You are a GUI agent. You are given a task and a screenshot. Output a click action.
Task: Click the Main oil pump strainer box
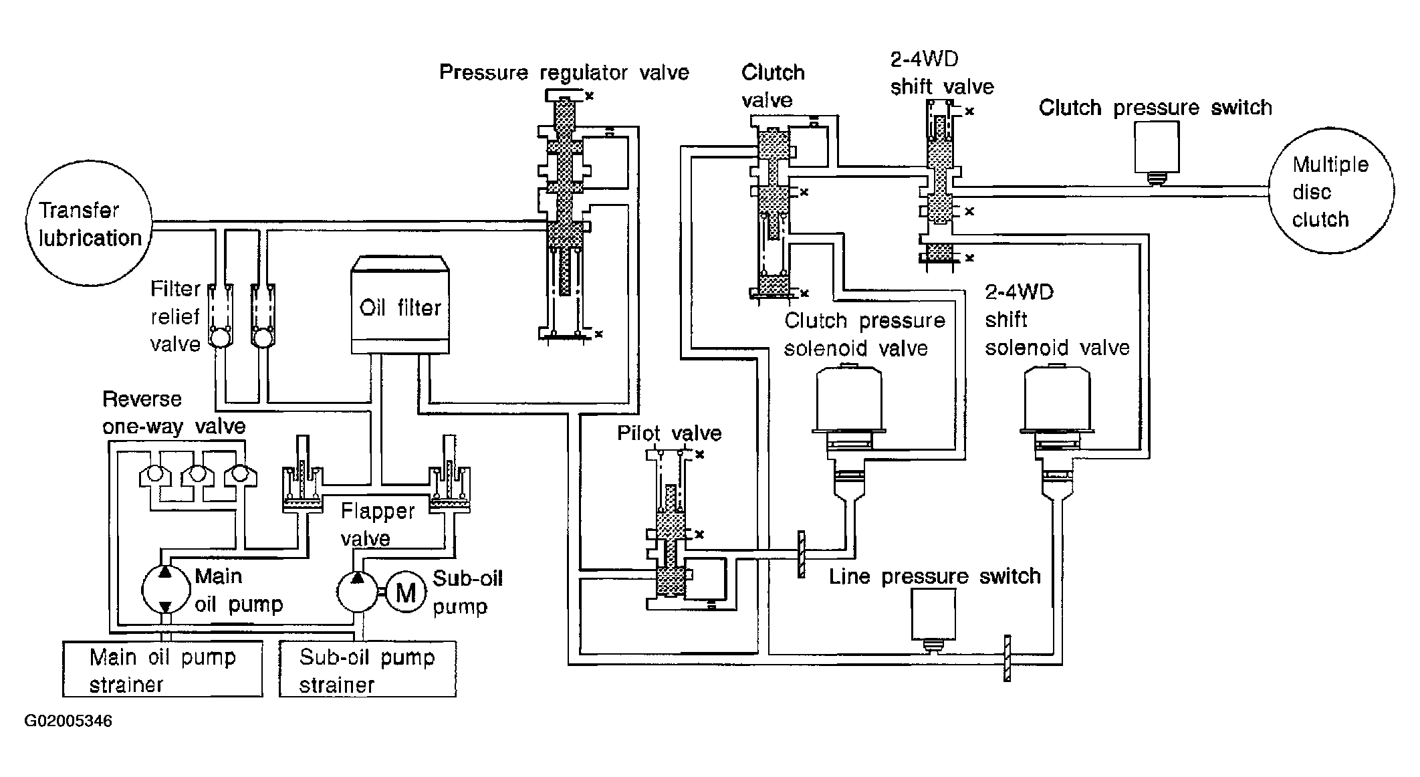(x=162, y=669)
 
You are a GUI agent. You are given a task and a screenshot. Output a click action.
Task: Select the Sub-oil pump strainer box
(x=368, y=669)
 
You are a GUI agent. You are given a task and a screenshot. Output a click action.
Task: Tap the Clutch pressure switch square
(x=1157, y=148)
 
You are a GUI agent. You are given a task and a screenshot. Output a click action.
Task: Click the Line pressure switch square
(x=933, y=615)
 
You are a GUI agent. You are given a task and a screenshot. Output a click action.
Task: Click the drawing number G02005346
(x=68, y=721)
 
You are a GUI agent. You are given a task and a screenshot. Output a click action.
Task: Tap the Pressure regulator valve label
(x=564, y=72)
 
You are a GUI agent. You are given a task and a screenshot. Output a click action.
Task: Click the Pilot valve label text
(x=669, y=433)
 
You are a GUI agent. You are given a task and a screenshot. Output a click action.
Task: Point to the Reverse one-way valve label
(x=174, y=413)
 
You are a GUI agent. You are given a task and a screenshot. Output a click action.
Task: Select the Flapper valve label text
(x=378, y=525)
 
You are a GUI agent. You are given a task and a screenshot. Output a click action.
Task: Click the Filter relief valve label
(x=175, y=316)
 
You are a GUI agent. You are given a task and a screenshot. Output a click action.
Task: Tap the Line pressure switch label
(x=935, y=576)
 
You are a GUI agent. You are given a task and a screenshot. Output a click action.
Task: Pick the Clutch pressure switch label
(x=1155, y=108)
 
